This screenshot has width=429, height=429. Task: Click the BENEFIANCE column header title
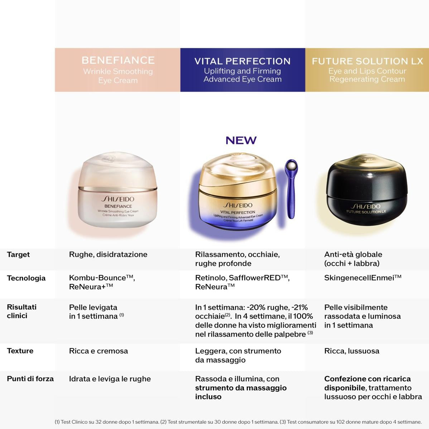[118, 60]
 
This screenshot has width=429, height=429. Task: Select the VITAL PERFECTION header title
[242, 61]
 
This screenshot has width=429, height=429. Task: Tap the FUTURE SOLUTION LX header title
[367, 61]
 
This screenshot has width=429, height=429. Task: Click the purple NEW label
[241, 140]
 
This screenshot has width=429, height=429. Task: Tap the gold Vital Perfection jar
[238, 197]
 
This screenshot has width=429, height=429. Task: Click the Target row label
[18, 255]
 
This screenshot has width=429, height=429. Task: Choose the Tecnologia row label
[26, 278]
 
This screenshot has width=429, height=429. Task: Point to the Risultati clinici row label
[21, 311]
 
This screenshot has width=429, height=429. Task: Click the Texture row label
[20, 351]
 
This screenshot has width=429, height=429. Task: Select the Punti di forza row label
[30, 379]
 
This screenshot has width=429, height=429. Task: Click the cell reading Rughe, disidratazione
[108, 255]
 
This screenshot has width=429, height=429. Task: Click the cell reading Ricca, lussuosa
[351, 351]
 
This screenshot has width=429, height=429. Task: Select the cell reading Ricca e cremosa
[98, 351]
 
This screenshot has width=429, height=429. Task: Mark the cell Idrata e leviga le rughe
[110, 379]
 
